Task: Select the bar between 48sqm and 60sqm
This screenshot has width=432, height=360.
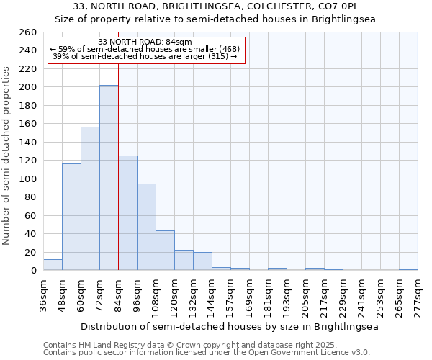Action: tap(71, 217)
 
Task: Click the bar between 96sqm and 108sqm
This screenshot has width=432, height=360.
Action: tap(146, 227)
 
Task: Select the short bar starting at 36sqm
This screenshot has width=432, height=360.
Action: tap(53, 265)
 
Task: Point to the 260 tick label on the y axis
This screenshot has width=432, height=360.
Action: tap(27, 32)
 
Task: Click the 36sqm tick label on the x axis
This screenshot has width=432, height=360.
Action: tap(44, 295)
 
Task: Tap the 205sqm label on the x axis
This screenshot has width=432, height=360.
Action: tap(306, 295)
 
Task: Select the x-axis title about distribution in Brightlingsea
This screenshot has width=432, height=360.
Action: tap(230, 326)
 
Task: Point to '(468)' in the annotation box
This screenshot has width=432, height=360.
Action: tap(225, 49)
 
